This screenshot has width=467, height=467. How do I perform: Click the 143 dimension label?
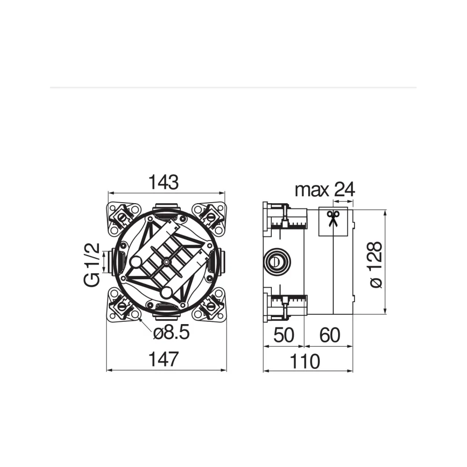click(x=163, y=182)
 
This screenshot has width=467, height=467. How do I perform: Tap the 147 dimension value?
click(x=163, y=359)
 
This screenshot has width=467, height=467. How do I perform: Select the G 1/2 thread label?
click(x=92, y=265)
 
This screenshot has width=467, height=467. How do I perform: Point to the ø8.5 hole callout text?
click(x=171, y=333)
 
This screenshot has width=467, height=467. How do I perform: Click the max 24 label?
click(x=325, y=190)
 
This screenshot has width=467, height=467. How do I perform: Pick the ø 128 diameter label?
click(x=375, y=264)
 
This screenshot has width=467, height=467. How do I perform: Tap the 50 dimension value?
click(x=283, y=335)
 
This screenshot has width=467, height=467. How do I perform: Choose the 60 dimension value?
click(x=330, y=335)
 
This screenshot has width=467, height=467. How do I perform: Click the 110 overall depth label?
click(x=305, y=361)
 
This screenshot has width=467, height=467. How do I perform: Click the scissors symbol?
click(x=333, y=219)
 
